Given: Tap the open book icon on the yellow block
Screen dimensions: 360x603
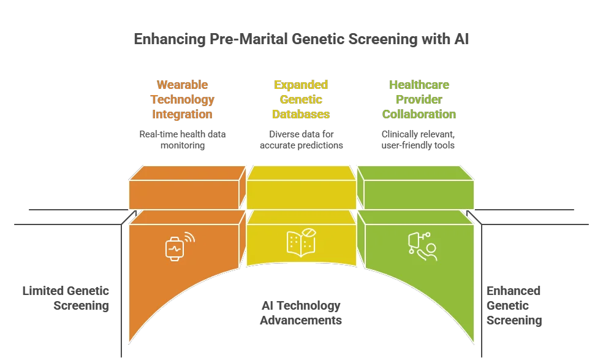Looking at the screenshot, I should (301, 242).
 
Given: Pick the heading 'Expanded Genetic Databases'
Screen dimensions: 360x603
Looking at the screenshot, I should (301, 99).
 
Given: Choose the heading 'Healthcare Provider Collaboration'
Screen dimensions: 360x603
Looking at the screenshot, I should (419, 99).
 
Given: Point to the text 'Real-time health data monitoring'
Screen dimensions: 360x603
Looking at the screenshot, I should (183, 140).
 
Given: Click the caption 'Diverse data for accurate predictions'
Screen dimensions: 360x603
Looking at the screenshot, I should (301, 140).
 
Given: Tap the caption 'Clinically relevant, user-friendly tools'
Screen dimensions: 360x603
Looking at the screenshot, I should (419, 140).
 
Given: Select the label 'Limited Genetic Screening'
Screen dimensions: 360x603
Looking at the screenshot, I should (66, 298).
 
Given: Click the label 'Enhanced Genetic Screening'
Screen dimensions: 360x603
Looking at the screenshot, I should (514, 305).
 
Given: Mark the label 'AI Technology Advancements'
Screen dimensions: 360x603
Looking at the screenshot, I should (301, 313).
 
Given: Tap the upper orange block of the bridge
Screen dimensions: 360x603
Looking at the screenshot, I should (184, 187).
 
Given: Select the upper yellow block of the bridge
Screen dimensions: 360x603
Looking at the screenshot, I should (301, 187).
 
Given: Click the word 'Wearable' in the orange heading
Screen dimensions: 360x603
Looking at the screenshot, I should (183, 85).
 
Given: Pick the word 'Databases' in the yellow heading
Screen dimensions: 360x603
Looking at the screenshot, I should (301, 114).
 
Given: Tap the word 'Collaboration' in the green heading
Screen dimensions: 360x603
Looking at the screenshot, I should (419, 114).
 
